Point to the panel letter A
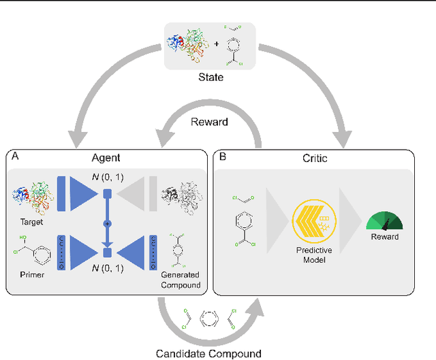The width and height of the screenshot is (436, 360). click(x=14, y=156)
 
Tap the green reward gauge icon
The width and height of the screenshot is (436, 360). click(x=385, y=218)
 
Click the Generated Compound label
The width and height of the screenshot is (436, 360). click(x=182, y=280)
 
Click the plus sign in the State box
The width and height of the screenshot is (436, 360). click(x=217, y=44)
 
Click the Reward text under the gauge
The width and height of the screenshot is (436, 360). click(x=385, y=237)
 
